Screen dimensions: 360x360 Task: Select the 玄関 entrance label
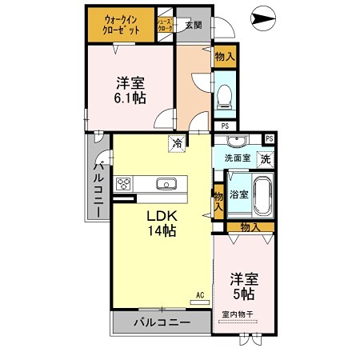[193, 25]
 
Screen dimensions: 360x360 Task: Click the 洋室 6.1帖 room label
[129, 89]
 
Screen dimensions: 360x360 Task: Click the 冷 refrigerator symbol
[174, 144]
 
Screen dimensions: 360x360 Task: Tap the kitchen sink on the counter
[167, 185]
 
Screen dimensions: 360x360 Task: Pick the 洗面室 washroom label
[237, 158]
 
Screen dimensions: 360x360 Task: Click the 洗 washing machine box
[265, 158]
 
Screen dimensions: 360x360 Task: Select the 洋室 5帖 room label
[245, 286]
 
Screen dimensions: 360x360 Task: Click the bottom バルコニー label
[161, 322]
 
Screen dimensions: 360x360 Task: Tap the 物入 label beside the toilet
[225, 57]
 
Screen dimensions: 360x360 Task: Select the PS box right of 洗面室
[269, 138]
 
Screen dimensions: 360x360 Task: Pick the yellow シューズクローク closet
[164, 25]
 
